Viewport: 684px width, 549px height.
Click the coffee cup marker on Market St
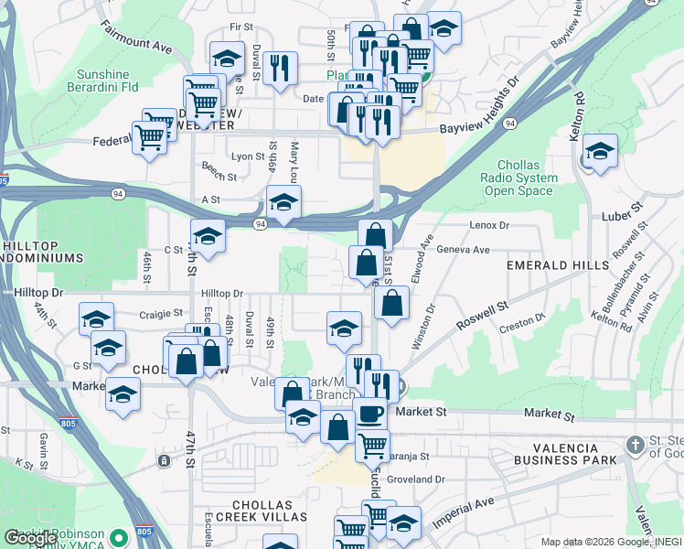(x=370, y=414)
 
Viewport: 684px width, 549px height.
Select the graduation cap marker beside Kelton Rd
(x=600, y=153)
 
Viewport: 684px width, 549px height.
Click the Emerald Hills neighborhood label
(x=558, y=265)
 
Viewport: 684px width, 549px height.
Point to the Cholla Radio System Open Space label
(x=519, y=178)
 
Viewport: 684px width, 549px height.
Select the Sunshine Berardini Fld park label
(x=108, y=81)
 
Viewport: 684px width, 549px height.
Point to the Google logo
(x=31, y=538)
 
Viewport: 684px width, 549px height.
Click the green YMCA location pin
(x=116, y=538)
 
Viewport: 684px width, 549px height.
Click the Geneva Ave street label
(x=463, y=249)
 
